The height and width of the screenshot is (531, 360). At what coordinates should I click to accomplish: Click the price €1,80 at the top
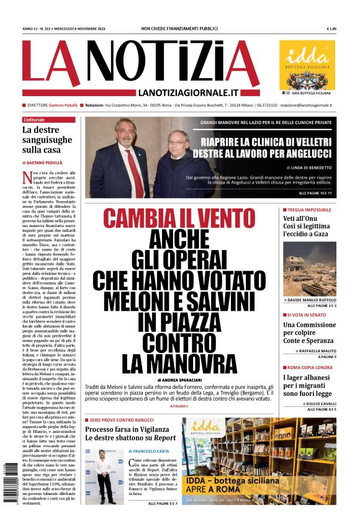click(x=331, y=29)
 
